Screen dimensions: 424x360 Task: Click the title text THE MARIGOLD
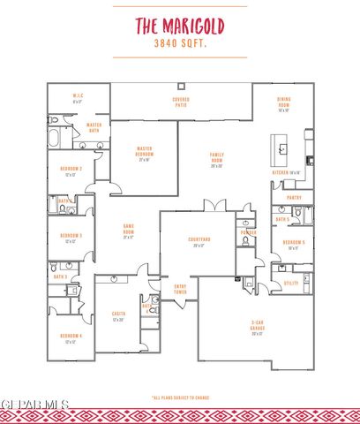click(x=180, y=25)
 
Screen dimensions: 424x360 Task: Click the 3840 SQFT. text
click(x=180, y=42)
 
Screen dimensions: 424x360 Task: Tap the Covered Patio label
click(x=180, y=102)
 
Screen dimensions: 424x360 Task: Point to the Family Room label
click(x=216, y=159)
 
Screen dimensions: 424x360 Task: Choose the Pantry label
click(x=294, y=198)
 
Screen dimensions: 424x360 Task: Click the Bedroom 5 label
click(x=293, y=244)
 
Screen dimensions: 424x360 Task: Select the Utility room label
click(x=291, y=284)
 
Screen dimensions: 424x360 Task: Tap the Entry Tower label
click(x=180, y=288)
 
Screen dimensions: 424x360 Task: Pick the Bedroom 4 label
click(x=71, y=338)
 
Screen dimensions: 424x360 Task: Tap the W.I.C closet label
click(x=77, y=98)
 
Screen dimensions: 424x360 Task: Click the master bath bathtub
click(x=56, y=138)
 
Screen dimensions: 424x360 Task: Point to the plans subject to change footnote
click(x=180, y=397)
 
